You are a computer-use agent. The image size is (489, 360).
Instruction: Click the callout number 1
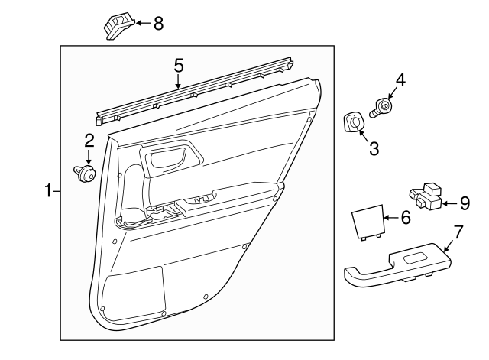point(47,190)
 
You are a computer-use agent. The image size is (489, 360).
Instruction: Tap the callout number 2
point(89,140)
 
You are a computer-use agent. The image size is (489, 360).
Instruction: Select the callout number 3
point(374,148)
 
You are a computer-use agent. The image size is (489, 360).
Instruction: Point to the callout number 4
point(399,79)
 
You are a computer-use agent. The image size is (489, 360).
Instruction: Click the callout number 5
point(178,66)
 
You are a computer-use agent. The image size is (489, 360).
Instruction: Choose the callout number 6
point(405,218)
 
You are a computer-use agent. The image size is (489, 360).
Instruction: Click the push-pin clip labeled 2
point(84,174)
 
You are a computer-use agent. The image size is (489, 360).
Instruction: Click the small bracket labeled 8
point(118,27)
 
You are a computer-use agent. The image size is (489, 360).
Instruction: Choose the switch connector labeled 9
point(426,196)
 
